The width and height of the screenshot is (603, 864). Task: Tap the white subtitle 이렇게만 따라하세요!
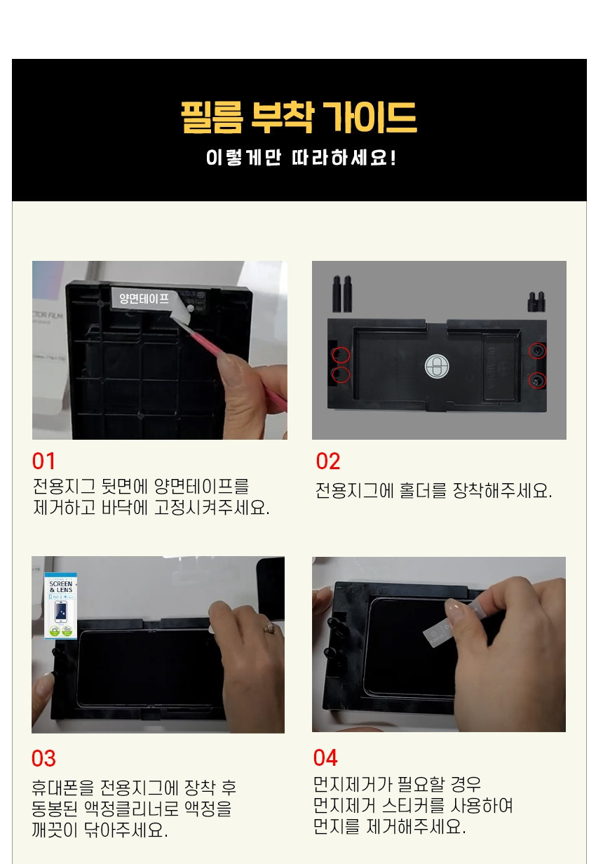point(301,157)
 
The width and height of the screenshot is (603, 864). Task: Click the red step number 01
point(43,461)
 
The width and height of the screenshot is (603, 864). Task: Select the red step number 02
point(328,461)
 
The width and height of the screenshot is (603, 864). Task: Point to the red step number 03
point(43,759)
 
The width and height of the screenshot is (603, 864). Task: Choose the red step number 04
point(325,758)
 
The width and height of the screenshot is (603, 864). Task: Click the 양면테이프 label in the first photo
point(144,298)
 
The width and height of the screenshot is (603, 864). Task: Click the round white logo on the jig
point(435,365)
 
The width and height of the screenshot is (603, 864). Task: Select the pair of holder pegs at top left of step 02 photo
point(341,293)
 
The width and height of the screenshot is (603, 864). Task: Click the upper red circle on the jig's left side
point(341,354)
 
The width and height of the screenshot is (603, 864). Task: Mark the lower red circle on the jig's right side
point(537,380)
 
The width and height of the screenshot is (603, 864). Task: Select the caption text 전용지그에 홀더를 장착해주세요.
point(433,491)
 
